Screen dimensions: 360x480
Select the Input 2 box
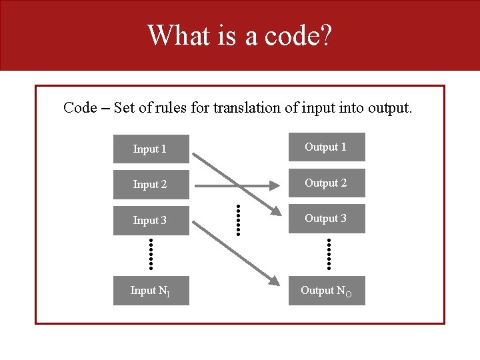(151, 185)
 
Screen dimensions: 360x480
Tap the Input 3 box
(151, 220)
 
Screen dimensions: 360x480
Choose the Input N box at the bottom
(151, 291)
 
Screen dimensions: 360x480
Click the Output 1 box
(327, 147)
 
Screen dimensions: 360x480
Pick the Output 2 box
(327, 183)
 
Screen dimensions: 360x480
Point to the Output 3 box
(327, 218)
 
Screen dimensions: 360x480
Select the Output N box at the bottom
(327, 291)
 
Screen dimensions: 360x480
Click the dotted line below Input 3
(151, 253)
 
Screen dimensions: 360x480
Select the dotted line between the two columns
(238, 218)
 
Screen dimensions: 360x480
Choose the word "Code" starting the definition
(80, 107)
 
